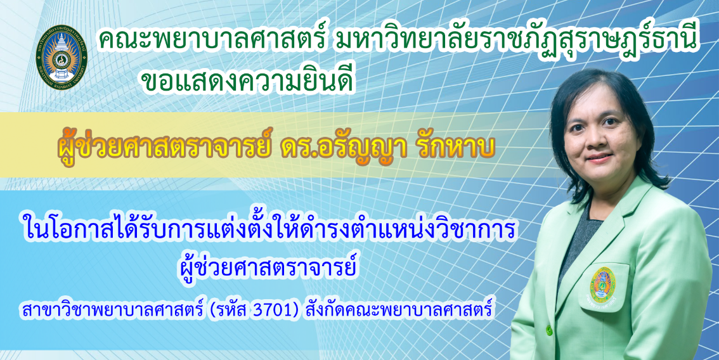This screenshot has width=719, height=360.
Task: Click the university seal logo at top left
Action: click(x=62, y=57)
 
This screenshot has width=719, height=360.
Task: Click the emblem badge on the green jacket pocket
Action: click(x=602, y=285)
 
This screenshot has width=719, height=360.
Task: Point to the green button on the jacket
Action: click(x=548, y=330)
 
